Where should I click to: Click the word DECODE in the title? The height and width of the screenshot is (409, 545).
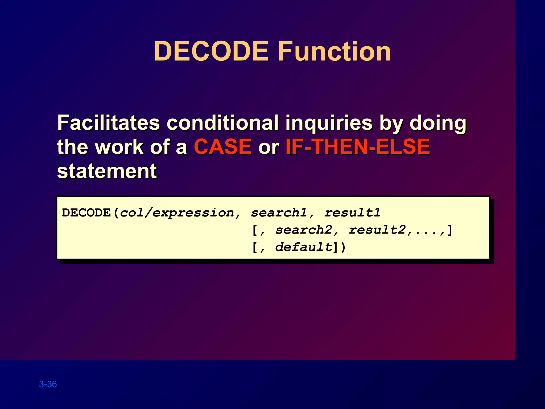[211, 51]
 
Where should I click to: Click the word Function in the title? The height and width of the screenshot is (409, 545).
[334, 51]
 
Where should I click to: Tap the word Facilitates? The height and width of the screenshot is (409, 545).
[109, 123]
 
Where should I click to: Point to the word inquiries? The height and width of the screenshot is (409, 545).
[329, 123]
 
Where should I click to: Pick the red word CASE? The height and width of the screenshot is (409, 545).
[223, 147]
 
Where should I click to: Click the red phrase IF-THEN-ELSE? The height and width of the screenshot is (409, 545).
[358, 147]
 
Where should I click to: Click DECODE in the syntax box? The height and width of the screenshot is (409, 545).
[86, 213]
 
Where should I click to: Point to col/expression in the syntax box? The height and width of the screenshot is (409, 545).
[177, 213]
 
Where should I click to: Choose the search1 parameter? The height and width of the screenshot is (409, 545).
[279, 213]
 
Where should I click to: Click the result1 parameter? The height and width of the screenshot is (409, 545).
[352, 213]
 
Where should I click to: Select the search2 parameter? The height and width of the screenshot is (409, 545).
[304, 230]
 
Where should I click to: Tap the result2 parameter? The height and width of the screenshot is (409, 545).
[377, 230]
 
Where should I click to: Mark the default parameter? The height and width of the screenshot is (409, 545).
[304, 247]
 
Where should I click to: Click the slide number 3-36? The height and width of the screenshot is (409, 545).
[48, 384]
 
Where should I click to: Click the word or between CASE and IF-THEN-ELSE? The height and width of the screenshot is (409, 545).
[268, 147]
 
